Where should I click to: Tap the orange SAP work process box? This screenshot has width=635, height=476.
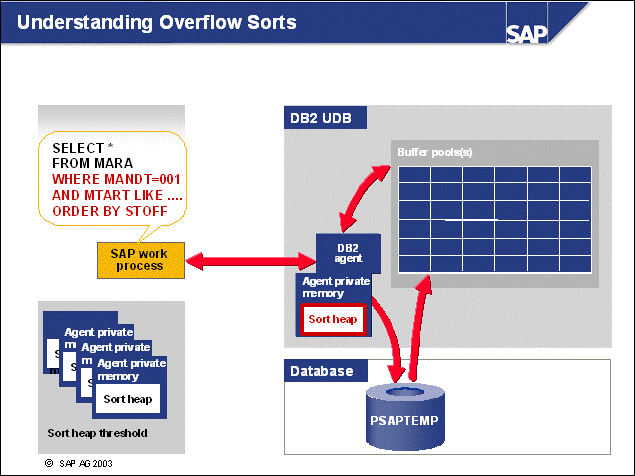tap(138, 259)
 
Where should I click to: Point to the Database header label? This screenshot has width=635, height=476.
tap(321, 371)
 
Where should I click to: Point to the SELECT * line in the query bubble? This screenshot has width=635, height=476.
tap(77, 147)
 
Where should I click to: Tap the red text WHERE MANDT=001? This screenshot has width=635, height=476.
tap(113, 179)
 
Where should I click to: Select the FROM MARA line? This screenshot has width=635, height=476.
tap(92, 163)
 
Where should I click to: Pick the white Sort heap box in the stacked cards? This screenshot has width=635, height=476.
tap(127, 398)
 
